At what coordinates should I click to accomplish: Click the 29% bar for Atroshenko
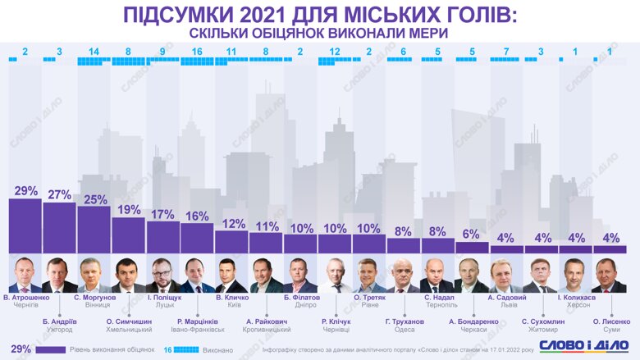(25, 226)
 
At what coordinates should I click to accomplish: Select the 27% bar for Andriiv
(60, 228)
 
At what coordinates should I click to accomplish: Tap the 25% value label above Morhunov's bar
(94, 199)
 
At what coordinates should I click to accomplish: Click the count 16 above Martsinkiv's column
(197, 52)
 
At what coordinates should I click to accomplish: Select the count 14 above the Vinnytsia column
(94, 52)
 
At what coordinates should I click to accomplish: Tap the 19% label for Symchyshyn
(128, 210)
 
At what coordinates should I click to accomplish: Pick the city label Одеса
(403, 330)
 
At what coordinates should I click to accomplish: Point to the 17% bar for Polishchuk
(162, 237)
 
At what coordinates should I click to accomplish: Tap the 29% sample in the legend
(22, 349)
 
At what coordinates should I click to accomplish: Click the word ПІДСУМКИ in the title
(185, 14)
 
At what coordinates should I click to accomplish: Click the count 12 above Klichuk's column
(334, 52)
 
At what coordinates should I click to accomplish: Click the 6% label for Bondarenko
(471, 235)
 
